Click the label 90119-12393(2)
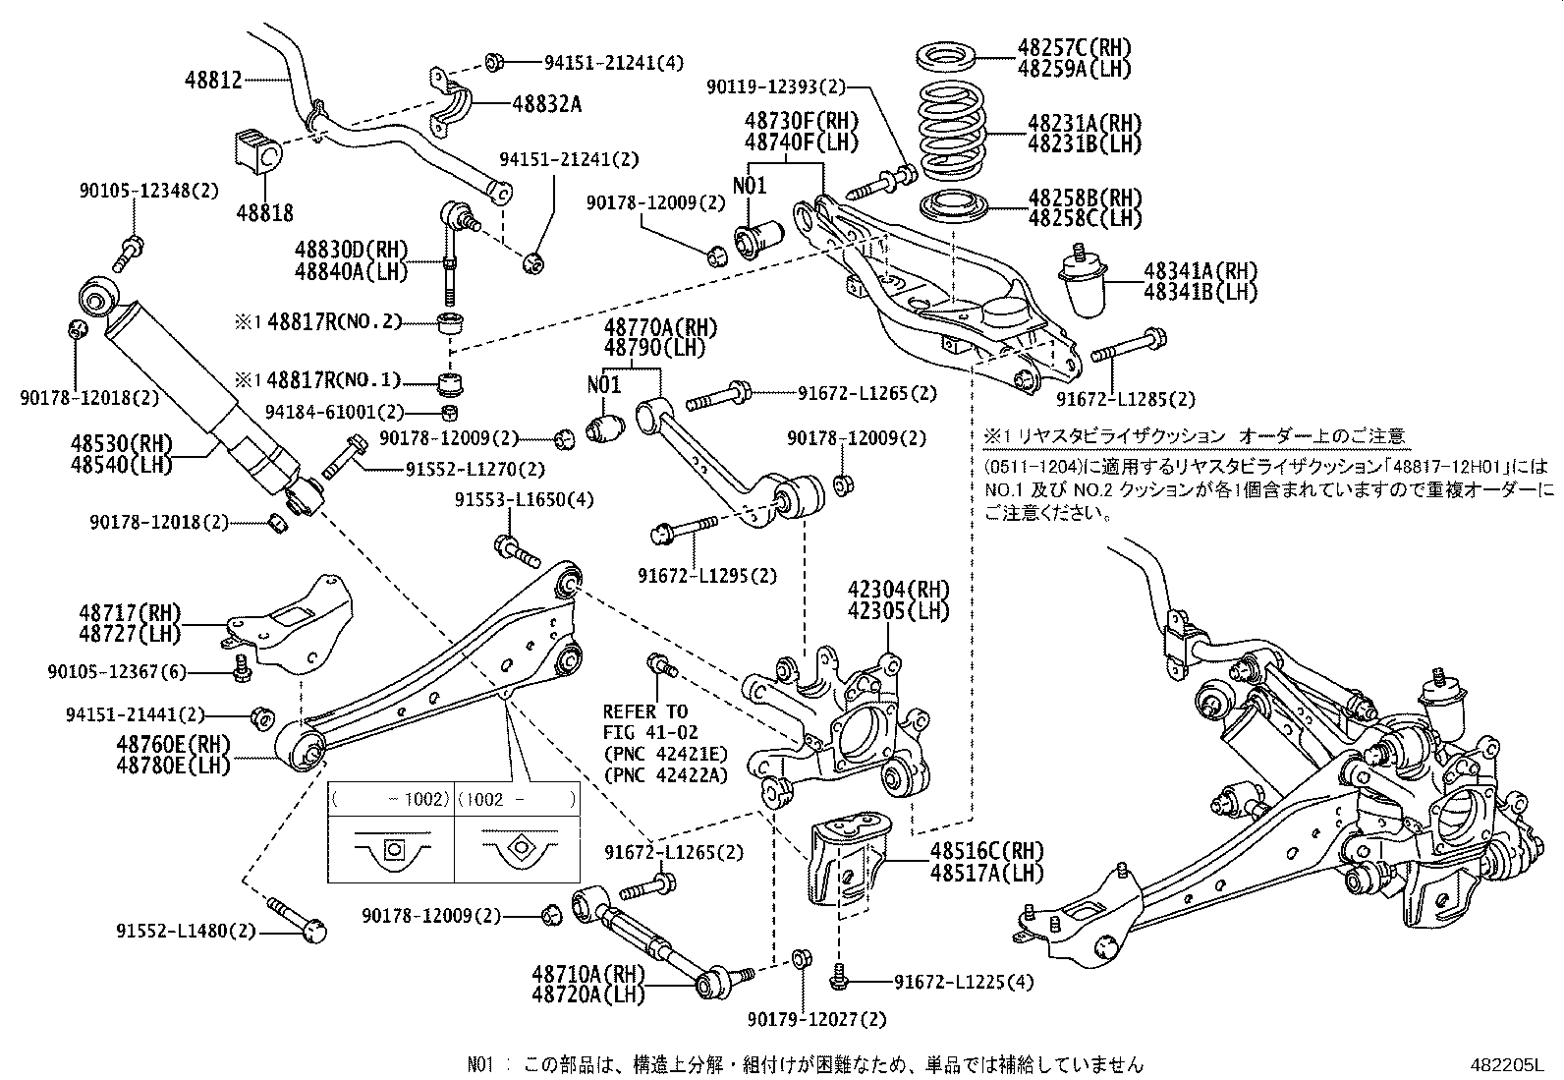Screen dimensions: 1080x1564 click(x=775, y=87)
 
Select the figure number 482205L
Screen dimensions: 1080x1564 click(x=1507, y=1063)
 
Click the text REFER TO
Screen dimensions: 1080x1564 click(x=645, y=711)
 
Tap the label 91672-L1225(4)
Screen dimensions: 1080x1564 click(x=964, y=981)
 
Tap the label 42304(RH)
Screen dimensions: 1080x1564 click(x=899, y=591)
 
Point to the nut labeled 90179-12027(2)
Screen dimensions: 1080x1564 click(x=800, y=958)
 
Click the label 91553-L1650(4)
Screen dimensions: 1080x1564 click(x=524, y=499)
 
